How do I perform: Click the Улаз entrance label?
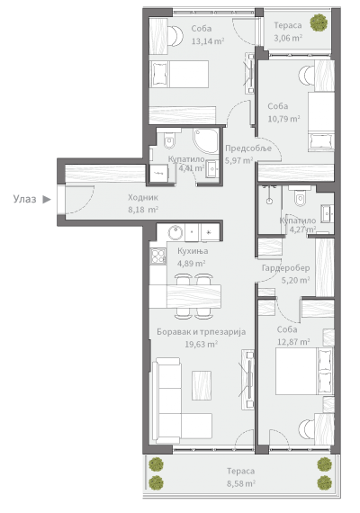point(24,199)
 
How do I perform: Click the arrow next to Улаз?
point(47,199)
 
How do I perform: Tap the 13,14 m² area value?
point(208,41)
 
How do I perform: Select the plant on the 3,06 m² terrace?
point(319,22)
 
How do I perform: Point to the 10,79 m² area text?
point(283,119)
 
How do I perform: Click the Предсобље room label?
point(248,148)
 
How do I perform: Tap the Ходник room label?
point(143,197)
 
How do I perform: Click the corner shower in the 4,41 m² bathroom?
point(205,141)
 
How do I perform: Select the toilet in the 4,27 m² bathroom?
point(300,196)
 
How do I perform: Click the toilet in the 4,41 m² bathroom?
point(169,138)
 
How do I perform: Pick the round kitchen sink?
point(176,233)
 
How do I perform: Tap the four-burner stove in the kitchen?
point(157,256)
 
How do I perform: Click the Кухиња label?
point(193,251)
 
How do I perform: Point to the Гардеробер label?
point(285,268)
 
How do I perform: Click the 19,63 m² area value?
point(202,344)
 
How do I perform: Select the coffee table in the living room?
point(202,385)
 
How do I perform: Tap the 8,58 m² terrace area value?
point(241,483)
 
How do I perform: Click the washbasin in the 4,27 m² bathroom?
point(328,213)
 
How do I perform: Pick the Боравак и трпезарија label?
point(202,332)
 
